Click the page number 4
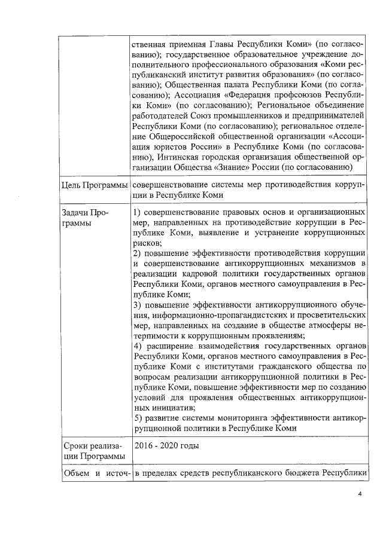click(x=360, y=494)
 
